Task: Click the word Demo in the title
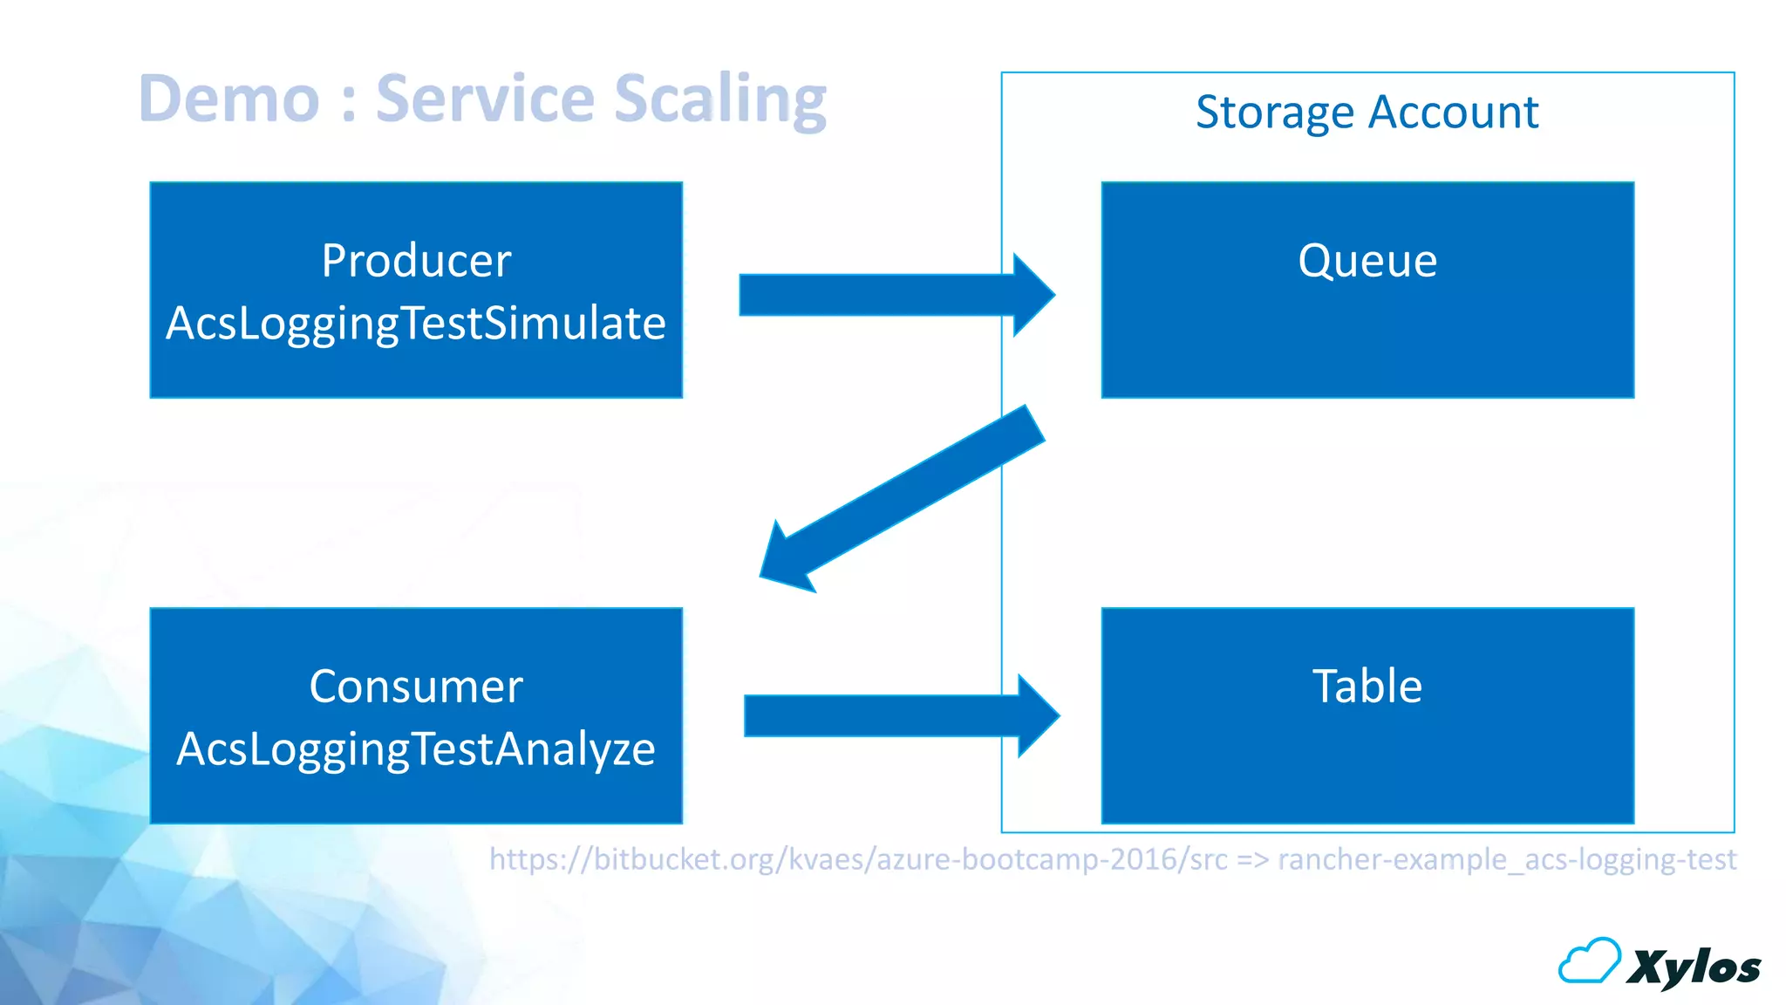229,99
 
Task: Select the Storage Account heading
1367,113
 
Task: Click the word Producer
416,261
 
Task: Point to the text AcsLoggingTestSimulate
416,324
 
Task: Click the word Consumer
416,687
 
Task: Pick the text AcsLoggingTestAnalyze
416,749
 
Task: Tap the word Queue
1367,261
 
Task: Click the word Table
1367,687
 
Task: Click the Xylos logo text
1694,967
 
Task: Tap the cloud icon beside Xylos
1589,961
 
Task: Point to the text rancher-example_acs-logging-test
1507,859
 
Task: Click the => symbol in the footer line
1252,860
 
